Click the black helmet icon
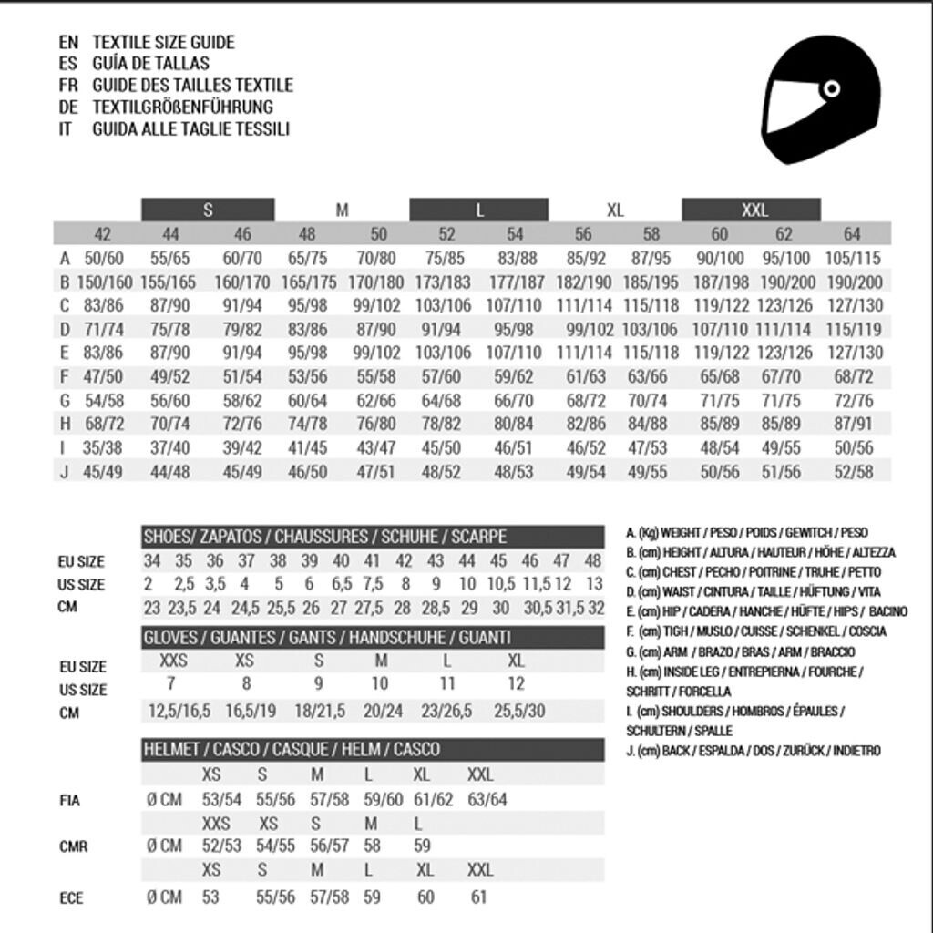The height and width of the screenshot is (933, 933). (820, 98)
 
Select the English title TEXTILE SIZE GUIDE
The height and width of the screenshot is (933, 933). (163, 42)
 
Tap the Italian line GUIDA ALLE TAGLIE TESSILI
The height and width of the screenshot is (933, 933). (190, 129)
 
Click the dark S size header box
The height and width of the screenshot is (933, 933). (208, 210)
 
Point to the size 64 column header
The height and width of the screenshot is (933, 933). (852, 234)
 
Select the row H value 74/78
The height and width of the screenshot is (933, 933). (307, 424)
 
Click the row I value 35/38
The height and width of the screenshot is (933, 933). (103, 447)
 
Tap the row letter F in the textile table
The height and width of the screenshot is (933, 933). (65, 376)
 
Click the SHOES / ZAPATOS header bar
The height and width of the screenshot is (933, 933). (373, 537)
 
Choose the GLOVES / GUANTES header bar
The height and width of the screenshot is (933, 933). (373, 638)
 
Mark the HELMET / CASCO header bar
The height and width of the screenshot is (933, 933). (373, 750)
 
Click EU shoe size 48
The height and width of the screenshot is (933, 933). (593, 561)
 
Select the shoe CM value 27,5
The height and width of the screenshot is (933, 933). (373, 608)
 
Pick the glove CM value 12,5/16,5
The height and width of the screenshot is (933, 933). (179, 711)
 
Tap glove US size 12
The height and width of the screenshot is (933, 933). (516, 683)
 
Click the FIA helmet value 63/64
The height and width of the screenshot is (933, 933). (487, 800)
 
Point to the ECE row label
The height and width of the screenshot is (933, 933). (71, 898)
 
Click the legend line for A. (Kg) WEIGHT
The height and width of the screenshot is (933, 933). (747, 533)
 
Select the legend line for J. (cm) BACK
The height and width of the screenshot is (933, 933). (754, 751)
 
